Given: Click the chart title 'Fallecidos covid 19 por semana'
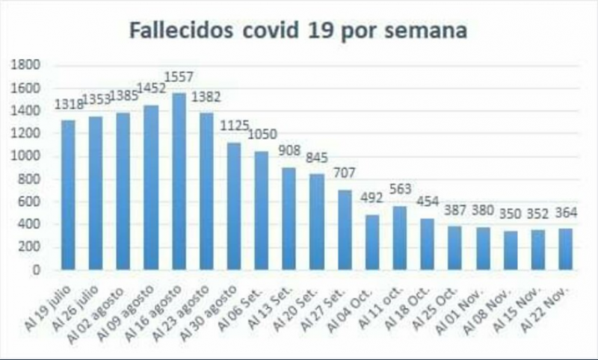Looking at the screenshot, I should pos(298,31).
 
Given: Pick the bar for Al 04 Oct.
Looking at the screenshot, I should pos(372,242).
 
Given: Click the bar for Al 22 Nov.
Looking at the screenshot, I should pos(565,249).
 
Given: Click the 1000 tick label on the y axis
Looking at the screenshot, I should pos(25,156).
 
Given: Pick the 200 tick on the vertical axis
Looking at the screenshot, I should pos(30,247).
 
